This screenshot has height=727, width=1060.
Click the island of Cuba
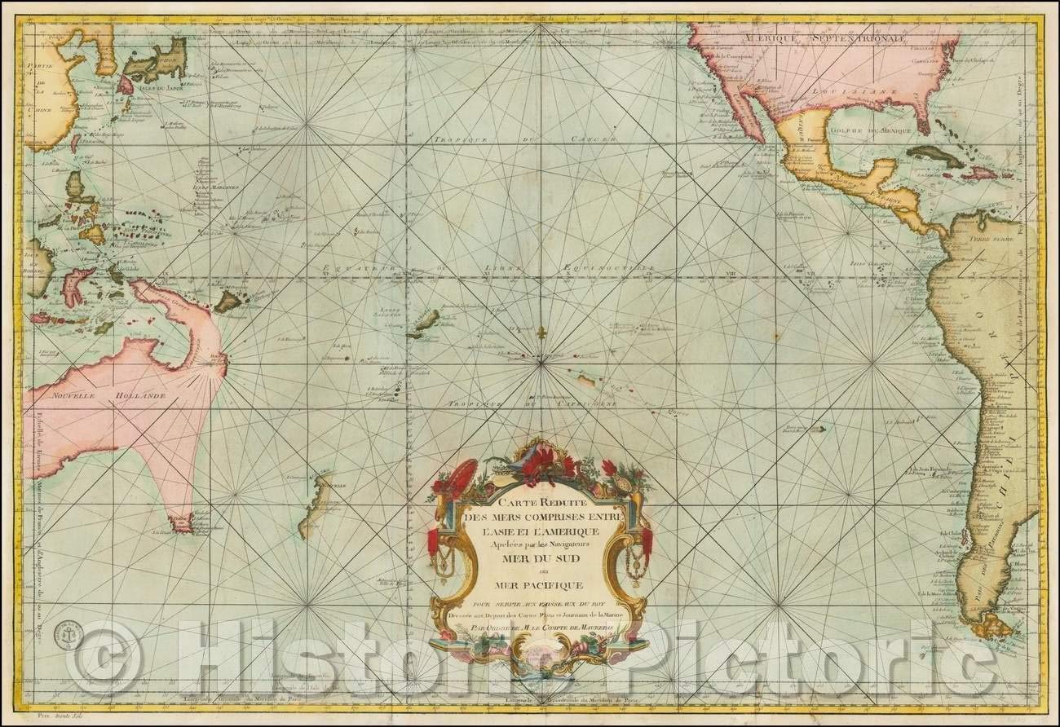pos(934,154)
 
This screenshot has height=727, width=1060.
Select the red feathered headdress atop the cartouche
pos(538,463)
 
